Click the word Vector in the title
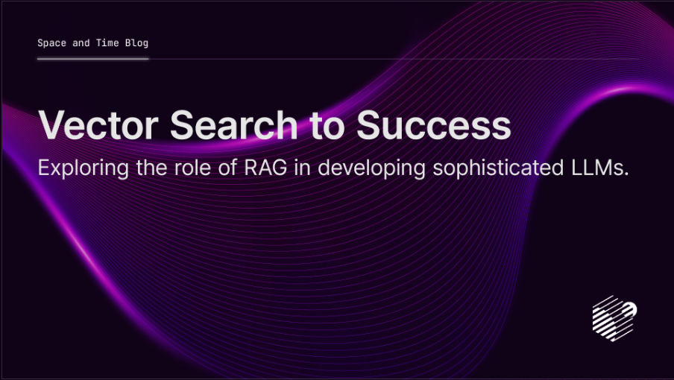[98, 125]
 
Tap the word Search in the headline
[234, 124]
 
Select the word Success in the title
[434, 125]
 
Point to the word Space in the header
[52, 43]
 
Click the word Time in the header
[107, 42]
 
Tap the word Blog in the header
[136, 43]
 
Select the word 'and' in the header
[81, 42]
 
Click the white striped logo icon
[614, 318]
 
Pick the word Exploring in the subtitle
[84, 168]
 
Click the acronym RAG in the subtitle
[265, 168]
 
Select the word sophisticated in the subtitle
[498, 168]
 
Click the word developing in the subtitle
[372, 168]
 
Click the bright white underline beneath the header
[93, 59]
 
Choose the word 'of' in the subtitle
[228, 168]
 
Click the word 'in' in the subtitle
[302, 168]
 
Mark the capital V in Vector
[51, 124]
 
